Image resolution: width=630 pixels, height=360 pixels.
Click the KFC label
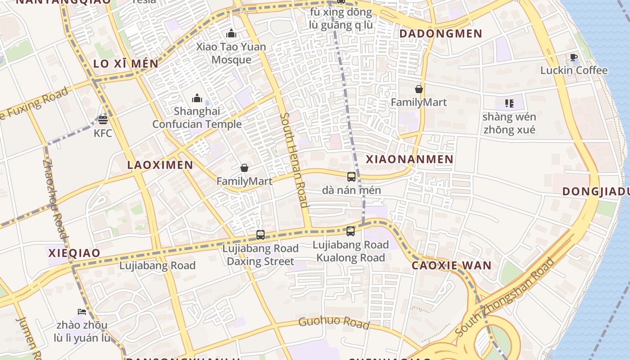(103, 133)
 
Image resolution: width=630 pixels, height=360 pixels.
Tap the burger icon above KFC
(103, 120)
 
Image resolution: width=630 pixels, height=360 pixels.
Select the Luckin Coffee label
(574, 70)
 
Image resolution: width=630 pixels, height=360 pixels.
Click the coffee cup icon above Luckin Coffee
(574, 57)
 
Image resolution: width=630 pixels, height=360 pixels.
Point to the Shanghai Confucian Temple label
(197, 117)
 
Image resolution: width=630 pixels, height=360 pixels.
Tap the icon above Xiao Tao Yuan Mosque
(232, 33)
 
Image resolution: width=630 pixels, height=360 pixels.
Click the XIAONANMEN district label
(409, 159)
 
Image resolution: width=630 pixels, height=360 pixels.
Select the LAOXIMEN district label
(160, 165)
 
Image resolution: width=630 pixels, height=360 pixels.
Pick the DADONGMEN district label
(441, 34)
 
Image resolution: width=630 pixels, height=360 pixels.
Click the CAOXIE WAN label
(451, 265)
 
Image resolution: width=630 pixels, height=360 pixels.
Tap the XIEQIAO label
(74, 253)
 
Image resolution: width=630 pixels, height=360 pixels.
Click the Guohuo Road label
(334, 322)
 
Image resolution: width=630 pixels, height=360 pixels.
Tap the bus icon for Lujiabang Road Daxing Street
(261, 234)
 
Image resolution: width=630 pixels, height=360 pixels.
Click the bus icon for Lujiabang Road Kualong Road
(351, 231)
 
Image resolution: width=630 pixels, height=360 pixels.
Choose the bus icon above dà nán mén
(351, 177)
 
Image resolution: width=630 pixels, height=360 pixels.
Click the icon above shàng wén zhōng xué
(509, 103)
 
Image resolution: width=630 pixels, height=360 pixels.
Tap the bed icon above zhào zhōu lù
(81, 311)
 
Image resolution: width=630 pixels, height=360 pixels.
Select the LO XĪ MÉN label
(126, 64)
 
